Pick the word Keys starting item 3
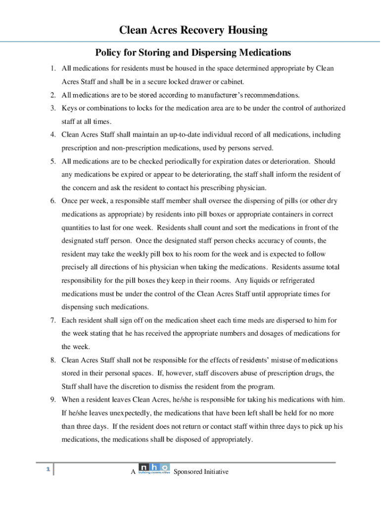coord(69,108)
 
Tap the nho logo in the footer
coord(154,468)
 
